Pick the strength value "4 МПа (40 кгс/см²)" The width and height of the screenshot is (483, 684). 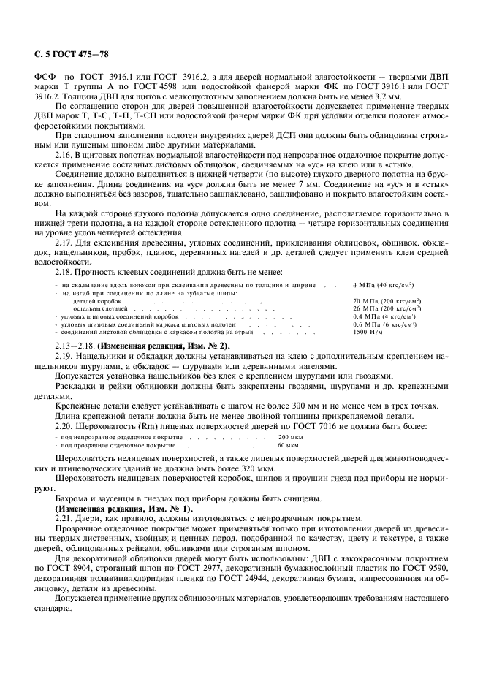(x=383, y=285)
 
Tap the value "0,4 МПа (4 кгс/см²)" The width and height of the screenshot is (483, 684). (x=384, y=316)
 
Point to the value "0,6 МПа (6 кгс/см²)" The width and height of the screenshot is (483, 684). (x=384, y=324)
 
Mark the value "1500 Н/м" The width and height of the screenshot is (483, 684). (x=368, y=331)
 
